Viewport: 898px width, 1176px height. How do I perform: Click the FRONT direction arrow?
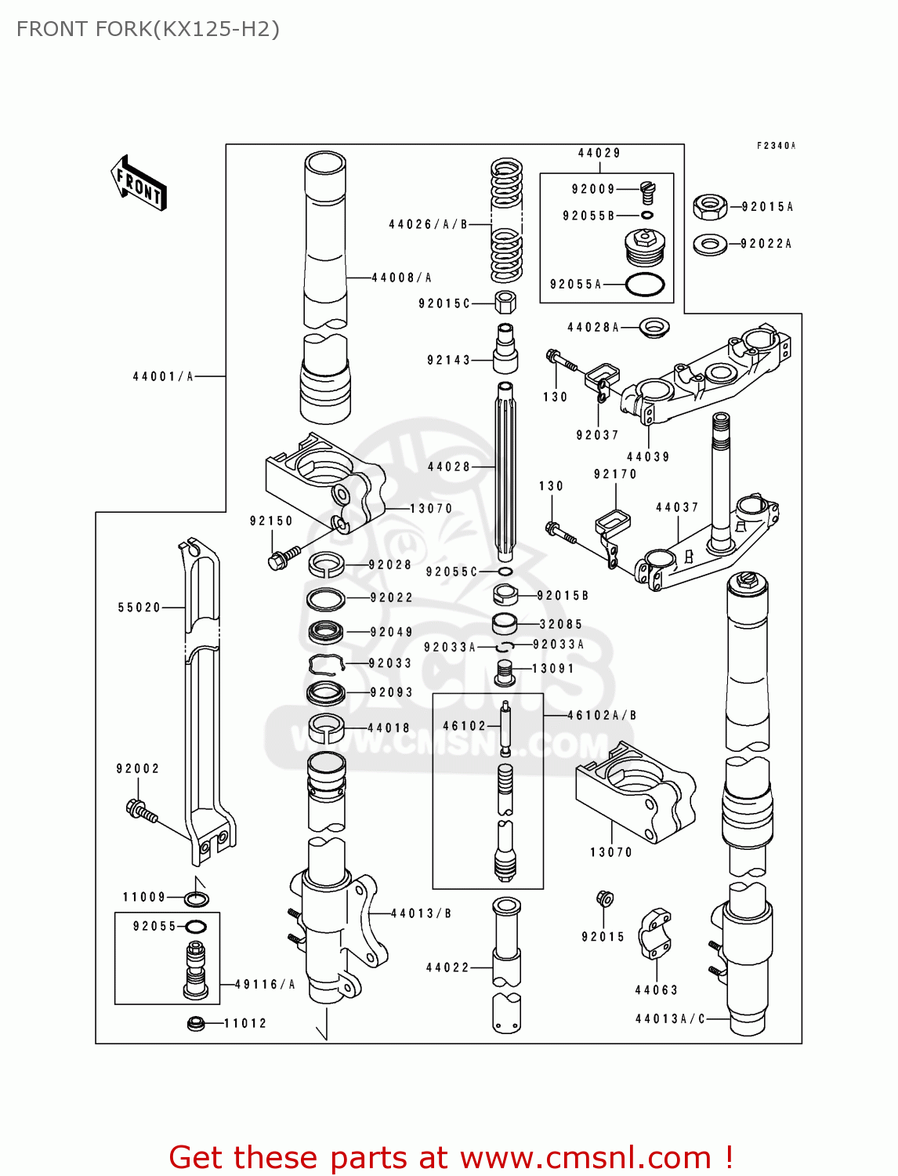(138, 183)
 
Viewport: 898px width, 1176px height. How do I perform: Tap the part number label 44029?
(599, 154)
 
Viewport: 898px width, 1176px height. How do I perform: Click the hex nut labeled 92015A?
(710, 207)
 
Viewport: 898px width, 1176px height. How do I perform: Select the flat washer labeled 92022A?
(710, 244)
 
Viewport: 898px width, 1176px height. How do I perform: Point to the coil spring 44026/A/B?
(506, 221)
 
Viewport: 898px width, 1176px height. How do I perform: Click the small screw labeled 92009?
(646, 189)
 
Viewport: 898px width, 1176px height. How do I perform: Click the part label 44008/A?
(401, 278)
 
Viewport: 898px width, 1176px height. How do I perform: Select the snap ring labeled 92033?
(327, 664)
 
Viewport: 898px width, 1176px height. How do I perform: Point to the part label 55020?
(139, 608)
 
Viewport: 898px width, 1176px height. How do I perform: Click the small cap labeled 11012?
(196, 1023)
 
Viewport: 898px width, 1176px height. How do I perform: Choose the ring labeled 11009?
(197, 898)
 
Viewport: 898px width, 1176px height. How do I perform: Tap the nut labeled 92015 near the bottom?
(604, 899)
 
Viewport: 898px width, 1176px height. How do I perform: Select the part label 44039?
(648, 457)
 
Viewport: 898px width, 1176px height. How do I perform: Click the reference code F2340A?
(775, 146)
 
